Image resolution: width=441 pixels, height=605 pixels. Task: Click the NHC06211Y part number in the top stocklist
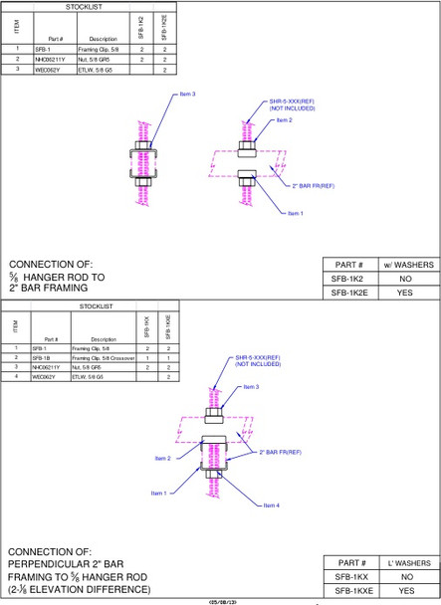[50, 60]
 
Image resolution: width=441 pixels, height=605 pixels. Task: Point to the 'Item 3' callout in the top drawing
[187, 94]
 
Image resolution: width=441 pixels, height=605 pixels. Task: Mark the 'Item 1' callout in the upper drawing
[295, 213]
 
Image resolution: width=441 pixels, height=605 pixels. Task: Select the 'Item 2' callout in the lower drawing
[162, 458]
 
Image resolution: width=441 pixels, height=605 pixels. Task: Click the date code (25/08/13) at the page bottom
[222, 601]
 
